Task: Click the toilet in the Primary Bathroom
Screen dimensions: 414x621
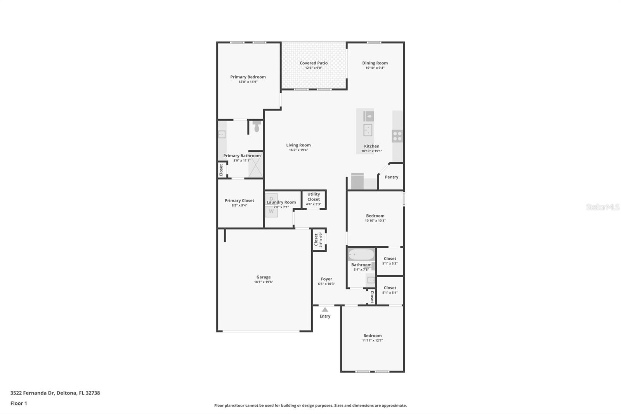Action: point(256,126)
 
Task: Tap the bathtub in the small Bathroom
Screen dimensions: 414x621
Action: point(361,255)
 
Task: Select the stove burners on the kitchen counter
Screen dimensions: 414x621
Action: point(397,136)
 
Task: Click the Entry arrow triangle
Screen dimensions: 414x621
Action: point(325,310)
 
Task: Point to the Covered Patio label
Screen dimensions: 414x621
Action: point(314,63)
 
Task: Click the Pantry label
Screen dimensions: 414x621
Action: point(391,177)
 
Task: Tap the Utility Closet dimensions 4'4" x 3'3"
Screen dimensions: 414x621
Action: point(314,204)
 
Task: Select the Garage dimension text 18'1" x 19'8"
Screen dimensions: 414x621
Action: point(264,282)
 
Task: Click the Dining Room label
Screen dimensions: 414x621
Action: point(375,63)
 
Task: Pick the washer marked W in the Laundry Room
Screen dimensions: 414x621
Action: point(271,212)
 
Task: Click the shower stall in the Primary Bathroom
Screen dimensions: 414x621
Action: point(255,165)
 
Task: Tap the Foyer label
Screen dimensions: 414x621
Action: point(326,279)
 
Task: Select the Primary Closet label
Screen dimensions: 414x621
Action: point(239,200)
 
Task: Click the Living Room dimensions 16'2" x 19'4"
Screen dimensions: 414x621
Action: point(298,150)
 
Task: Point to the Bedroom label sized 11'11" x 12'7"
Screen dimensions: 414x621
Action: point(372,336)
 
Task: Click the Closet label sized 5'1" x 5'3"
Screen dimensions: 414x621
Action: point(390,259)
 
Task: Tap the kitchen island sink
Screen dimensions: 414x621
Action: point(368,130)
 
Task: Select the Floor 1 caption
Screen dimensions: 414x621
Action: point(19,403)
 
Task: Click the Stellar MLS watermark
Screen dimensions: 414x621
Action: point(602,207)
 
